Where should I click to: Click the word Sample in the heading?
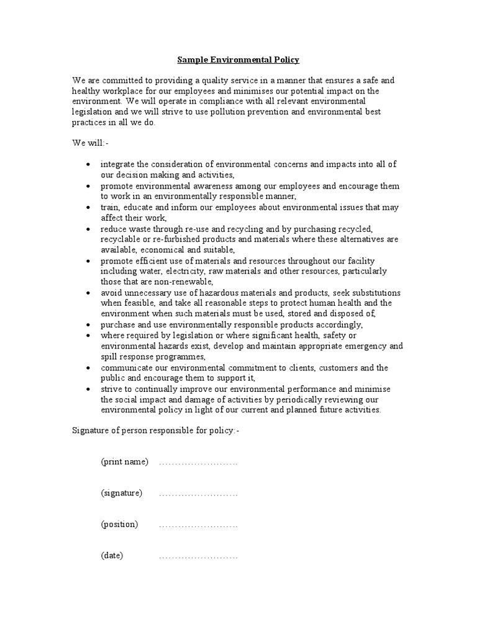click(193, 60)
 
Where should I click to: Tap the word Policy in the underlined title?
click(284, 60)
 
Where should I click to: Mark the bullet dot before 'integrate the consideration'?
click(89, 165)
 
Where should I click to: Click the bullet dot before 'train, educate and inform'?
click(89, 208)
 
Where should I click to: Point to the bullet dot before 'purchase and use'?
click(89, 325)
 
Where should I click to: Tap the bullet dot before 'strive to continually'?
click(89, 389)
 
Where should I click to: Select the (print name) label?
click(124, 462)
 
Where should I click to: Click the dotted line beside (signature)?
click(198, 494)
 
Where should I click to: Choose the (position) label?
click(119, 524)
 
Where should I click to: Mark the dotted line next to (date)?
click(198, 556)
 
